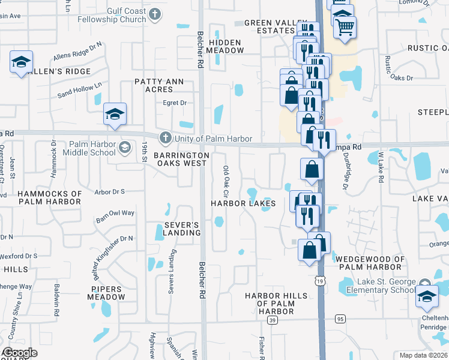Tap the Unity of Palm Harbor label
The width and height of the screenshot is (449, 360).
(213, 139)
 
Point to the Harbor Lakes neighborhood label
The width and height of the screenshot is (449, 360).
(243, 203)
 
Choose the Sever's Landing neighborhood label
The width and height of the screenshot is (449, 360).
(182, 229)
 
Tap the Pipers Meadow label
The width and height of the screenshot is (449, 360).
(108, 293)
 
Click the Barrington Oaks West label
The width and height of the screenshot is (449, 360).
(181, 159)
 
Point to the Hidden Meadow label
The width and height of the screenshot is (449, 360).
(224, 47)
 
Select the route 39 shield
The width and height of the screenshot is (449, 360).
(273, 321)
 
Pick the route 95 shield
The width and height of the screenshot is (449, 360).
(340, 319)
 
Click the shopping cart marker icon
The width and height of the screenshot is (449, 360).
(345, 26)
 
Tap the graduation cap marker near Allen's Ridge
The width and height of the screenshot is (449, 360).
(22, 61)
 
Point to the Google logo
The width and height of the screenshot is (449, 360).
(20, 353)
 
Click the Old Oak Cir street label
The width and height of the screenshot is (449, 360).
(226, 182)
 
